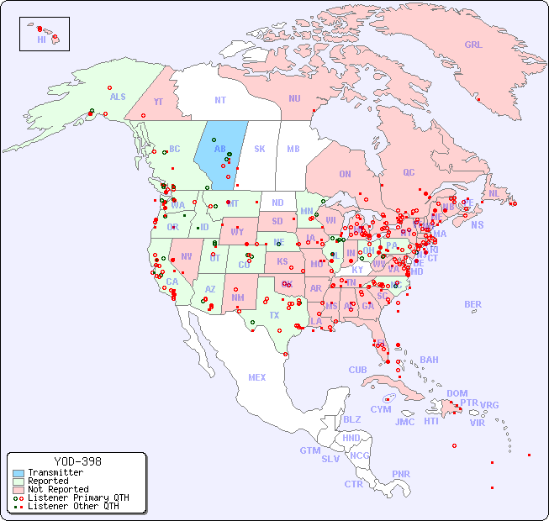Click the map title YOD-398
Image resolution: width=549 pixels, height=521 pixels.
click(x=77, y=461)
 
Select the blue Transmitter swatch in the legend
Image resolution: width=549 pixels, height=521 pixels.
click(x=18, y=473)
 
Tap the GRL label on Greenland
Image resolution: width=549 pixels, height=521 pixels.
click(x=473, y=45)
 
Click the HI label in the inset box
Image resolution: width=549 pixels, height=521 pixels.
click(x=41, y=39)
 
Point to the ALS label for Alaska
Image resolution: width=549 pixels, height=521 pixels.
click(x=118, y=97)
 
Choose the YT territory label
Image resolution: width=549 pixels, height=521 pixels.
click(x=158, y=102)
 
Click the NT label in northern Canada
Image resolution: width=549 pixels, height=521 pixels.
click(x=220, y=100)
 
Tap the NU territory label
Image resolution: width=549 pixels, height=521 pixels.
click(x=294, y=98)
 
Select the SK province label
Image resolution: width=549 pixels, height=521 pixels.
click(x=260, y=149)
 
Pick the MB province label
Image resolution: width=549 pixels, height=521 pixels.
click(x=293, y=150)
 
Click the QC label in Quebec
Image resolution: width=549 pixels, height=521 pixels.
click(x=409, y=173)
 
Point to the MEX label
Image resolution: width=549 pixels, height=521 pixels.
click(x=257, y=377)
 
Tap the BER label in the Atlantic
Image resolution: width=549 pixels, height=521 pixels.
click(x=473, y=304)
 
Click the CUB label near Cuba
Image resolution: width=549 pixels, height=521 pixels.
click(x=358, y=370)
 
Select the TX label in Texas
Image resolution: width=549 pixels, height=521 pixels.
click(x=274, y=315)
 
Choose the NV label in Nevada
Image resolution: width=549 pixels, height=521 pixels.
click(x=187, y=256)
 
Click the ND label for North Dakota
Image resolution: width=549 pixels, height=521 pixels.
click(x=277, y=203)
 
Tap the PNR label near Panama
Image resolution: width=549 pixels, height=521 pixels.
click(x=401, y=474)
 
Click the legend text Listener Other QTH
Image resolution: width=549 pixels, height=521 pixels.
click(x=73, y=506)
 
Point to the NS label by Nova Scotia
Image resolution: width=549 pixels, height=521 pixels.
click(x=478, y=225)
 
